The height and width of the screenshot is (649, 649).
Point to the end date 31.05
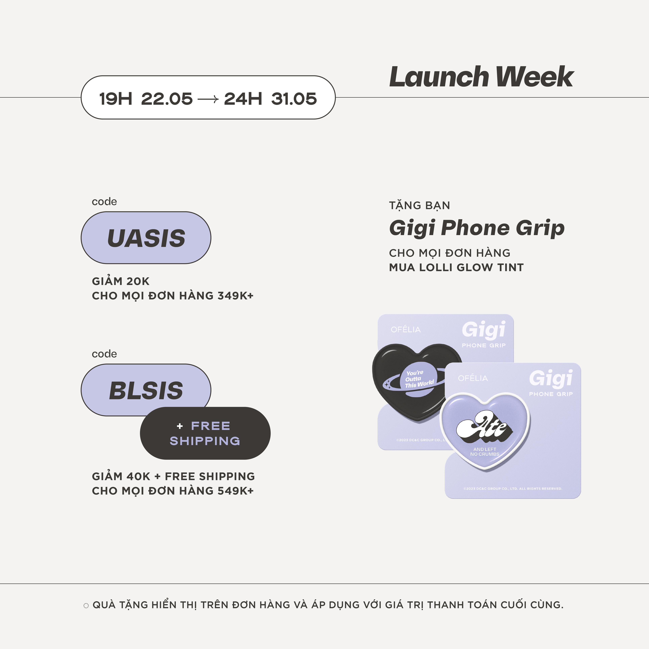click(294, 99)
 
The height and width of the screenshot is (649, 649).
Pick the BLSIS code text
click(146, 390)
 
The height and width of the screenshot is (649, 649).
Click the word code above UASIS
click(104, 202)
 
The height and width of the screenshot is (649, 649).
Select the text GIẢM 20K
click(121, 281)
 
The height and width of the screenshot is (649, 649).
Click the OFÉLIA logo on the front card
click(473, 378)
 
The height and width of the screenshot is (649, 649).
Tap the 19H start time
click(116, 99)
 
